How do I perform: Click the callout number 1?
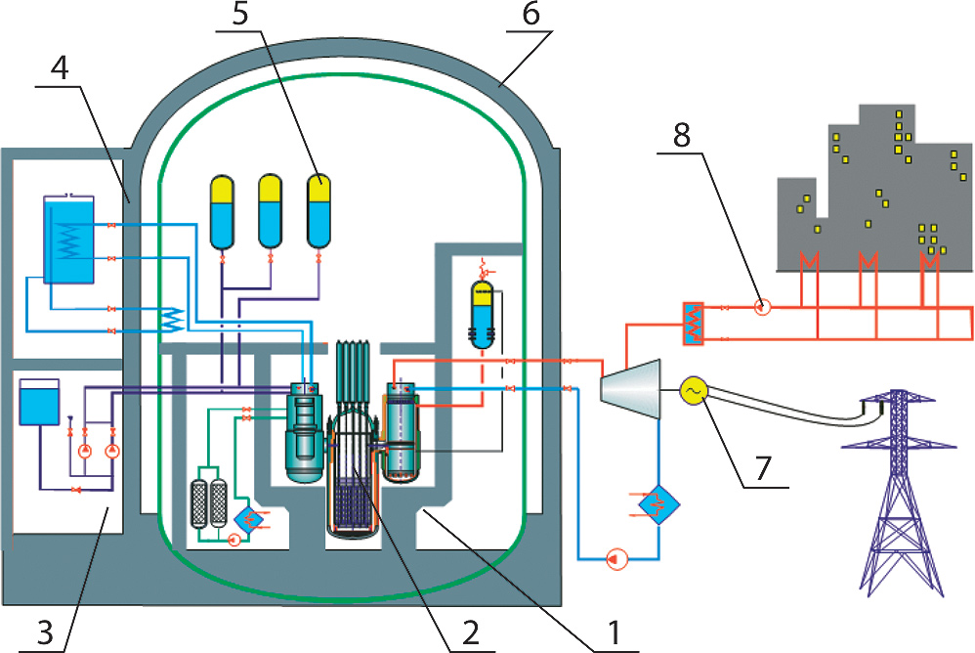click(615, 632)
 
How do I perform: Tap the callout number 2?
click(470, 633)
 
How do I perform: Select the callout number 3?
click(45, 633)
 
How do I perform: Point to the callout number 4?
click(59, 69)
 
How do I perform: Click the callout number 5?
click(240, 15)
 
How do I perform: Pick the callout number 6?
click(530, 15)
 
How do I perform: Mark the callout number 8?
click(682, 134)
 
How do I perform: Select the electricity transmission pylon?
click(898, 493)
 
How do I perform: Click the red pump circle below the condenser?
click(616, 560)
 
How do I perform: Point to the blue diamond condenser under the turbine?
click(659, 503)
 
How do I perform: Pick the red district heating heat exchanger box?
click(693, 324)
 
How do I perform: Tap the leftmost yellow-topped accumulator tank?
click(222, 212)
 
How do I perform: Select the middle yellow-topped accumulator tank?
click(270, 211)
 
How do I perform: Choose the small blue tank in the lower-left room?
click(39, 402)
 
